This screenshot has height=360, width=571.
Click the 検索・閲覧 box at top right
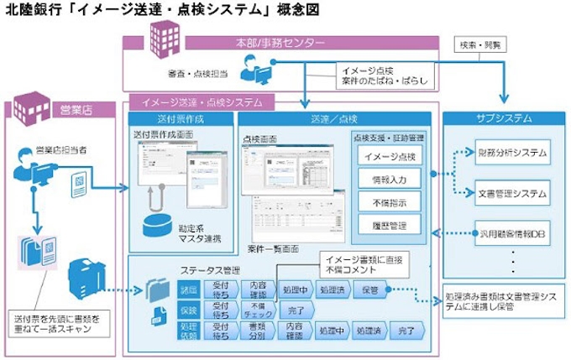coord(479,44)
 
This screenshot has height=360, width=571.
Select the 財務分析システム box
coord(511,153)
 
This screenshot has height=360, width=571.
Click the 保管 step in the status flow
coord(370,290)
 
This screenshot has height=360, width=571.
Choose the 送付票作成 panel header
coord(180,119)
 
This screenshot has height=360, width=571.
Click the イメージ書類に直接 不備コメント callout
coord(360,262)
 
